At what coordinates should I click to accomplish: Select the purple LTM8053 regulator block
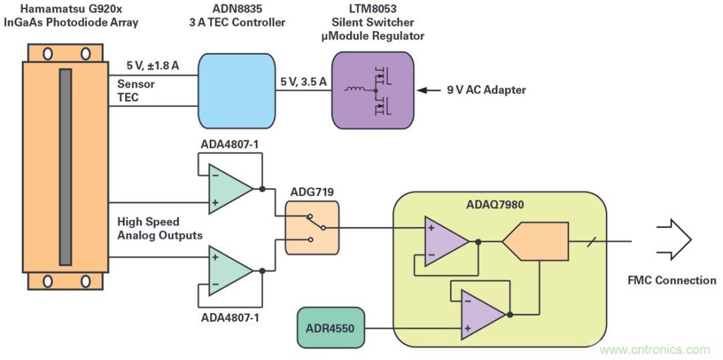372,90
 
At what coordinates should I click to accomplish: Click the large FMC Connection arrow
673,240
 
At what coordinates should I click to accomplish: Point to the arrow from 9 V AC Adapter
428,90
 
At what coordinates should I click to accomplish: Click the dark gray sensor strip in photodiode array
65,166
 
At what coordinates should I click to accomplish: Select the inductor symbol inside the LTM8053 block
355,89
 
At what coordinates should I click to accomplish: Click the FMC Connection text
671,280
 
